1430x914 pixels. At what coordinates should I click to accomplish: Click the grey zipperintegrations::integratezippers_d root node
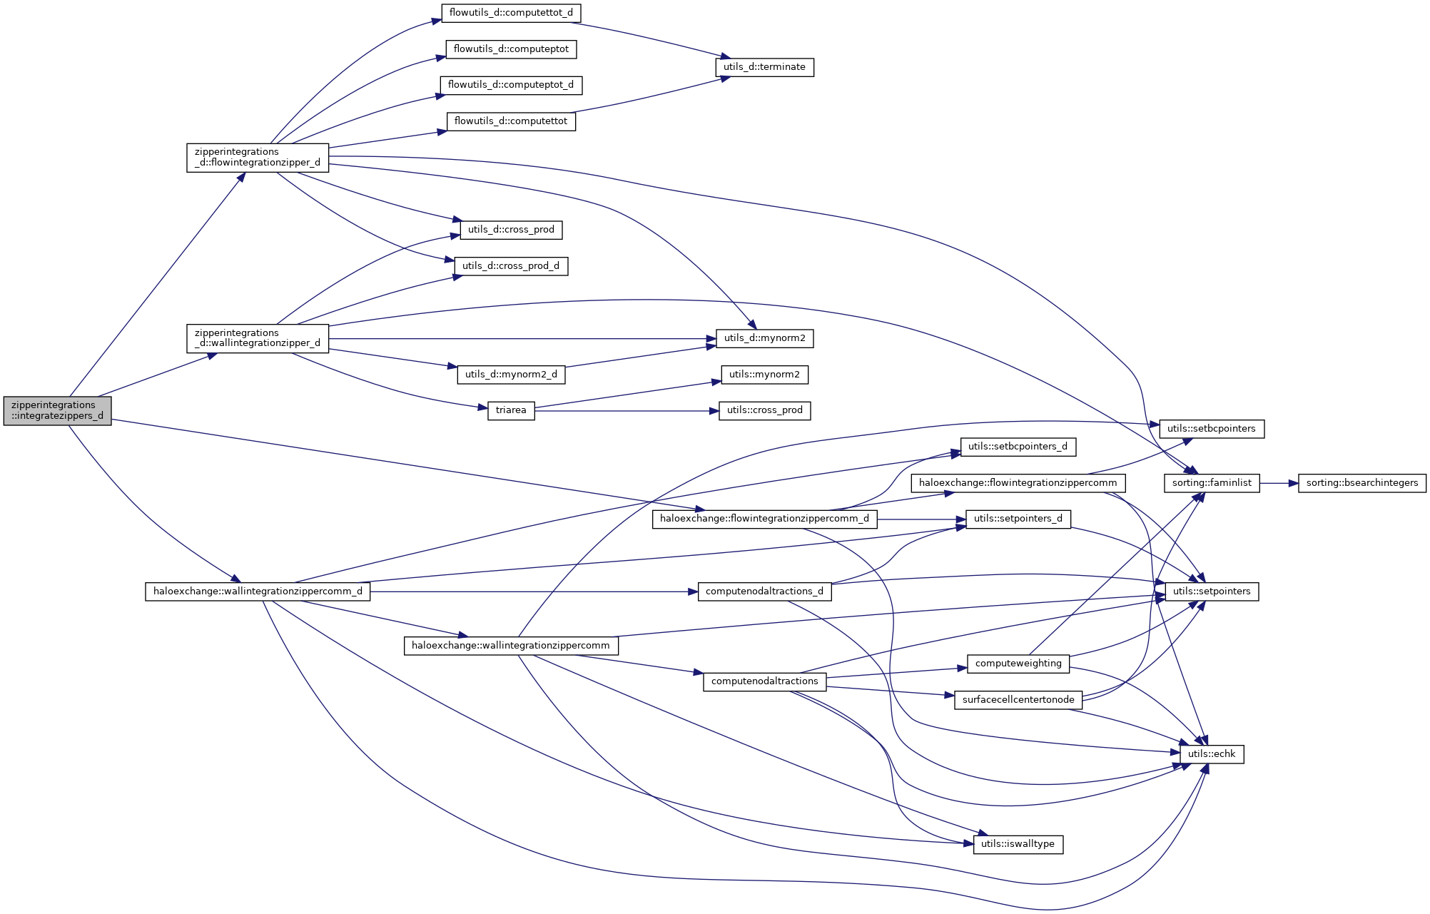pos(57,410)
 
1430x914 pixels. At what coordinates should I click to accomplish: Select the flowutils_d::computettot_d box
pos(511,13)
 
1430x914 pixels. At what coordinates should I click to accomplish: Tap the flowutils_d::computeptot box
pos(511,49)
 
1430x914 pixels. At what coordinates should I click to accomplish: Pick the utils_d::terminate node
pos(764,67)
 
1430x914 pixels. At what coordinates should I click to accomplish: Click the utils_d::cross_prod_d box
pos(511,266)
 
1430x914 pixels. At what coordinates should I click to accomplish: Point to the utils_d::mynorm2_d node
pos(511,375)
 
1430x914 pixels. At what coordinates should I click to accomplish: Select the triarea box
pos(511,410)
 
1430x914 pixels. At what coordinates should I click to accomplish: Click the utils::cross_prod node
pos(764,410)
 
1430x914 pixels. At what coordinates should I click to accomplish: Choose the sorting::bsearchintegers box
pos(1361,483)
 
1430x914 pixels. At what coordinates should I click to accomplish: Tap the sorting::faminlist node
pos(1212,483)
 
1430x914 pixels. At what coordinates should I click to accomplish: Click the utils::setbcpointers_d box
pos(1018,447)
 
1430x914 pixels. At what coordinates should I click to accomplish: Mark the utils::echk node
pos(1212,754)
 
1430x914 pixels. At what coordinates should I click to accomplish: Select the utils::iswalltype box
pos(1018,844)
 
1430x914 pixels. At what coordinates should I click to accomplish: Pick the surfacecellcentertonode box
pos(1018,700)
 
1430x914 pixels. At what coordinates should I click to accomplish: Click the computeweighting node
pos(1018,664)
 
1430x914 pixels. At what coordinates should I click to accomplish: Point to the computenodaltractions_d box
pos(764,591)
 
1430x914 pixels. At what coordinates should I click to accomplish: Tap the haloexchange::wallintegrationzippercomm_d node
pos(258,591)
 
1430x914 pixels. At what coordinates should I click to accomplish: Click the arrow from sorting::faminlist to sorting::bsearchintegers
pos(1279,483)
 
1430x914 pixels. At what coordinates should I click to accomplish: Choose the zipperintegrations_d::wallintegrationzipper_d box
pos(258,338)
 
